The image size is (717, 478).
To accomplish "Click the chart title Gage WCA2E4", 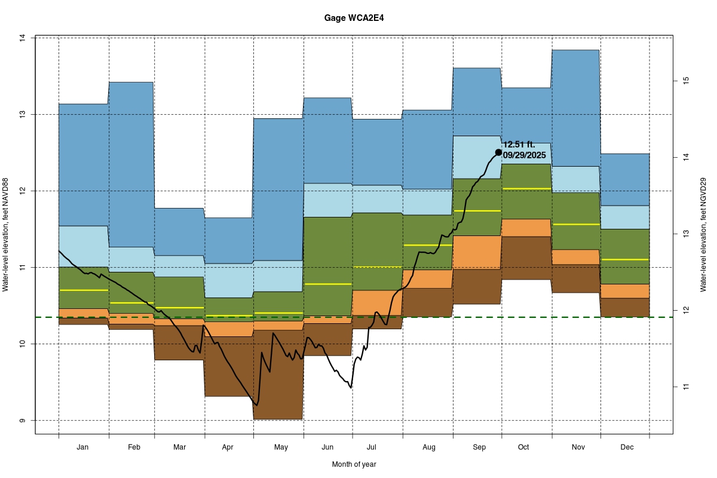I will (354, 18).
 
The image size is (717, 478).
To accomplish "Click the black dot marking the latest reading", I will (498, 152).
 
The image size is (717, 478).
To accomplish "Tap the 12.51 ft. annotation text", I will (523, 145).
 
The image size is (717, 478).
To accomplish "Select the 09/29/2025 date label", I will (525, 155).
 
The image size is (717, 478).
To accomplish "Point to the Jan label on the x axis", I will (83, 447).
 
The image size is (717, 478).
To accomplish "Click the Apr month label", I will (228, 447).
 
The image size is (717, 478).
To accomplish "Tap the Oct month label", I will (524, 447).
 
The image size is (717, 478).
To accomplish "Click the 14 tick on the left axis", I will (22, 38).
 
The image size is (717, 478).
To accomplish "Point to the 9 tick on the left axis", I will (22, 420).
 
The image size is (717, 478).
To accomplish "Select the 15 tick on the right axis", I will (686, 80).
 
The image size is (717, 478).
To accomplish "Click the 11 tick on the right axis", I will (686, 387).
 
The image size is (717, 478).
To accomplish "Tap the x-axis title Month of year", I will (354, 464).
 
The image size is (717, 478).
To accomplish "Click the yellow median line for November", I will (575, 224).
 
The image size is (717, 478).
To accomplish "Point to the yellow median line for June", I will (327, 284).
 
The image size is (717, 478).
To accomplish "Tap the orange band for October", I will (526, 228).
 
